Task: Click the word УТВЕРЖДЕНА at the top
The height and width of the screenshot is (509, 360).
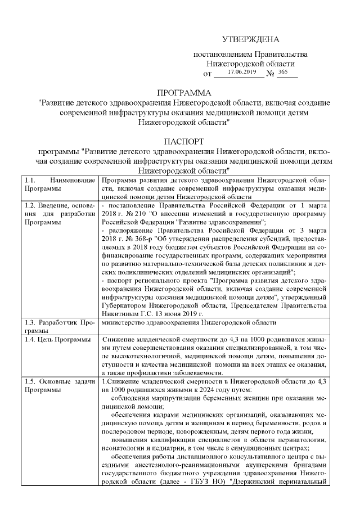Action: pyautogui.click(x=251, y=39)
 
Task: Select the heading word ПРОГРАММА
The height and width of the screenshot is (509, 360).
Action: pyautogui.click(x=184, y=92)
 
